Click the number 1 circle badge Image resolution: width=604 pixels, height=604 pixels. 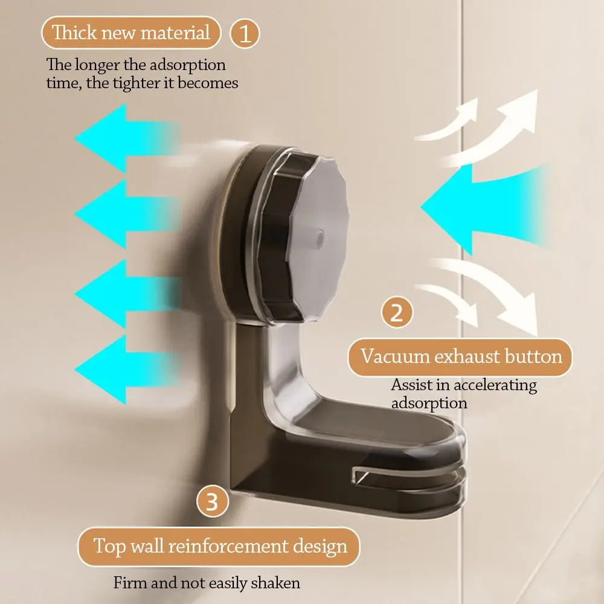tap(245, 33)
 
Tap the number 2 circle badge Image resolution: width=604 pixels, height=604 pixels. tap(397, 313)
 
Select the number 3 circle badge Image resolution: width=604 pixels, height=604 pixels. tap(213, 503)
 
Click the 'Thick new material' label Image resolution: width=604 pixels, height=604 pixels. tap(131, 32)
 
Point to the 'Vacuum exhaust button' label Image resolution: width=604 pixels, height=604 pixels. tap(461, 356)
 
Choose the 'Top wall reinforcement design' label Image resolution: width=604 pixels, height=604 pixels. tap(220, 546)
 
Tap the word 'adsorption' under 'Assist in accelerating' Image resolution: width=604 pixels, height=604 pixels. tap(429, 403)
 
